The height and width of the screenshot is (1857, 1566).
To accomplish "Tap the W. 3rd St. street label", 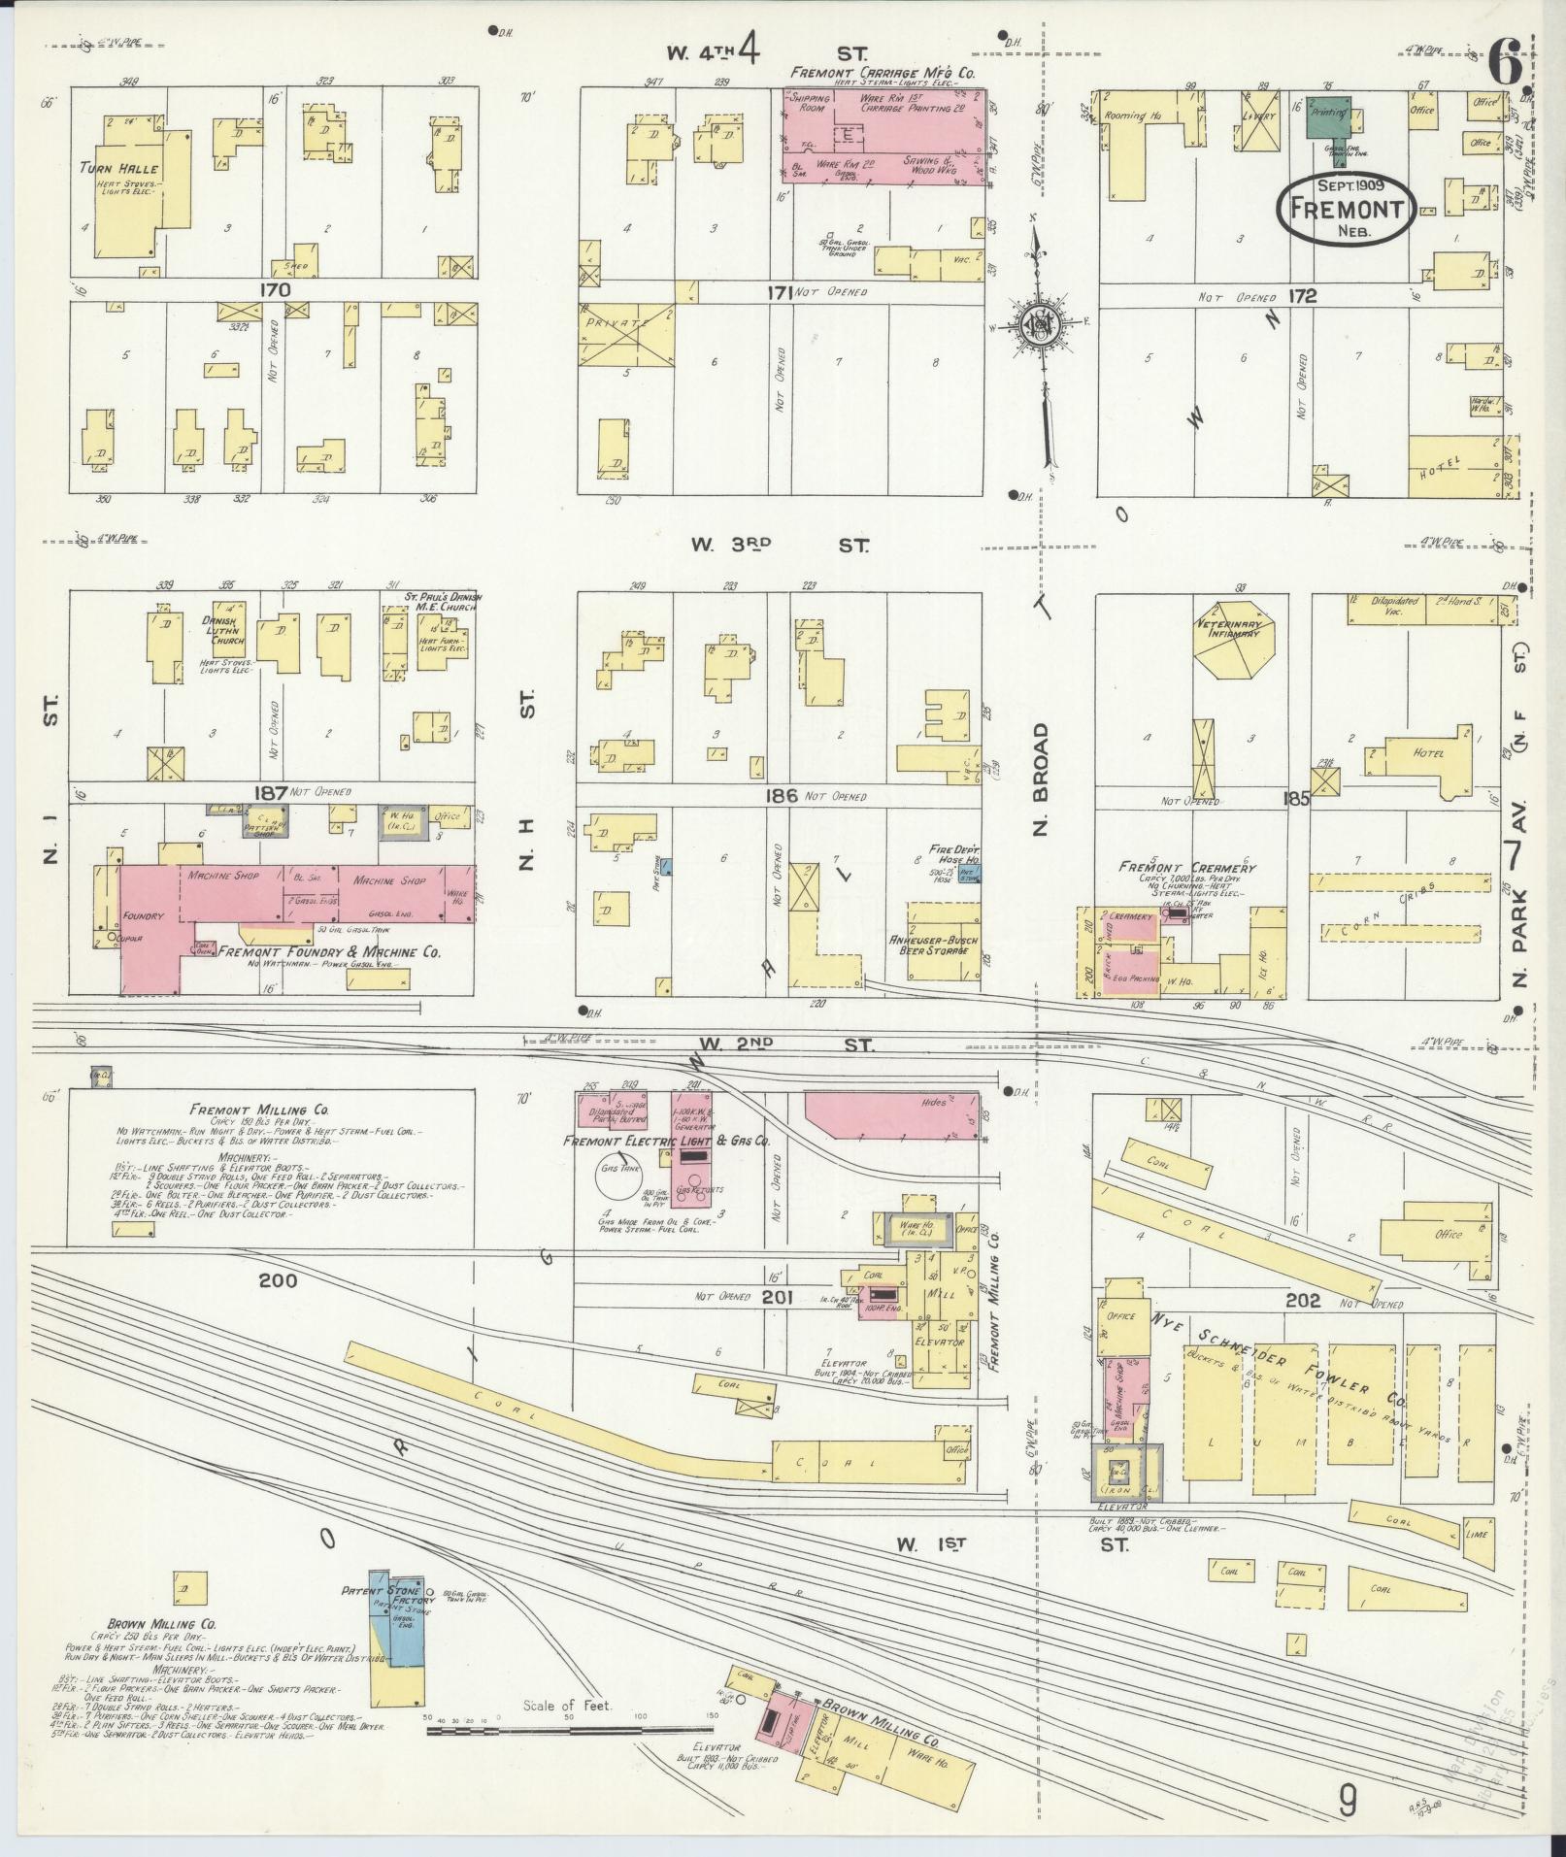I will [780, 546].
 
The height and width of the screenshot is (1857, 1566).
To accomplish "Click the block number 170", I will [275, 289].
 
